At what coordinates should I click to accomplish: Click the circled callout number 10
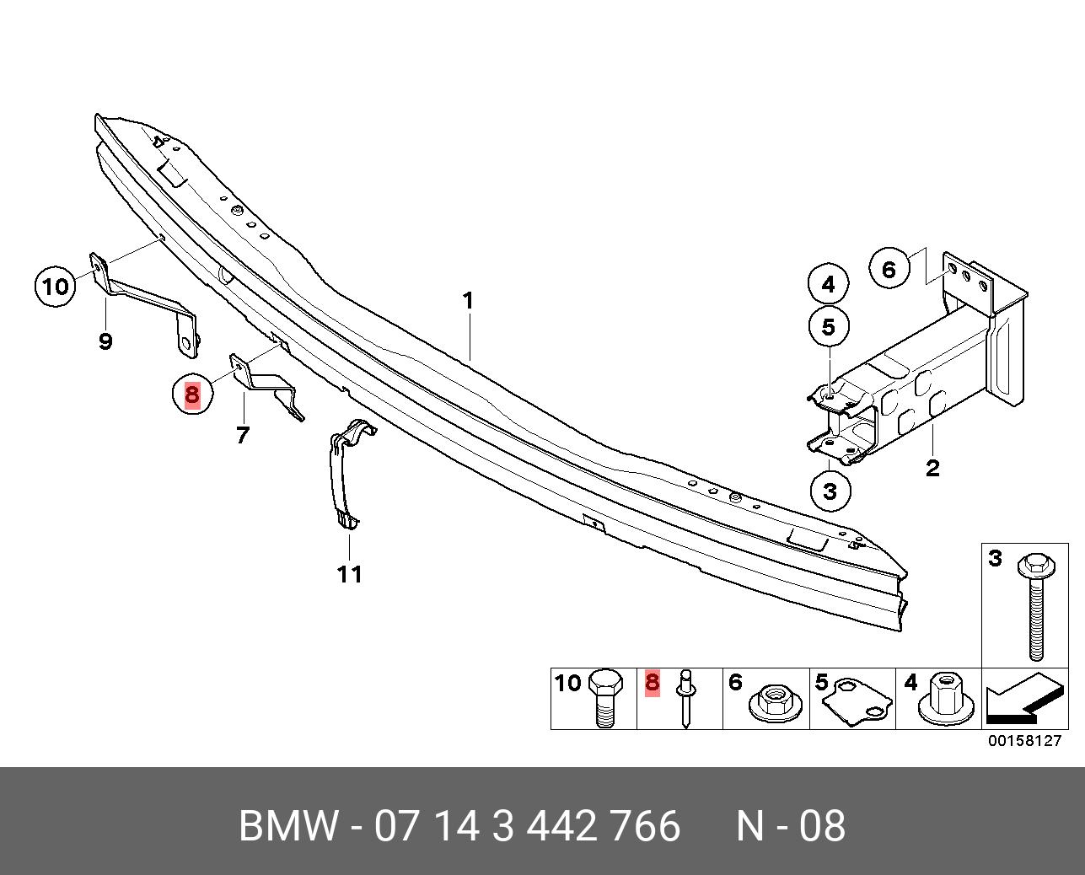coord(55,286)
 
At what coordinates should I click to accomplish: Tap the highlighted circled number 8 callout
coord(192,394)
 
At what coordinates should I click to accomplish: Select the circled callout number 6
coord(889,270)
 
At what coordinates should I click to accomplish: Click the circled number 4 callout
coord(828,285)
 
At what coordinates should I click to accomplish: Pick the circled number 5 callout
coord(828,326)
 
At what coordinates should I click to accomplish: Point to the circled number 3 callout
coord(830,491)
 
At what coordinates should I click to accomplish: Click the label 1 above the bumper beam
coord(468,301)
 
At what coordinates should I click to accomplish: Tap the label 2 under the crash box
coord(932,467)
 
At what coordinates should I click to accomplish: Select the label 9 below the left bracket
coord(105,341)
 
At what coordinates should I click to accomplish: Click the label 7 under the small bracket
coord(243,435)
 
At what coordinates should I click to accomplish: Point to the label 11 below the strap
coord(350,574)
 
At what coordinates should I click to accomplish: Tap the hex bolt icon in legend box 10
coord(604,700)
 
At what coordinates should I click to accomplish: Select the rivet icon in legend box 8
coord(687,700)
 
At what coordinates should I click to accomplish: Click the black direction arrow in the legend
coord(1022,701)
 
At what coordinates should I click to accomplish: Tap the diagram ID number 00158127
coord(1026,741)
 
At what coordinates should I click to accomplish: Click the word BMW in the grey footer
coord(289,826)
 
